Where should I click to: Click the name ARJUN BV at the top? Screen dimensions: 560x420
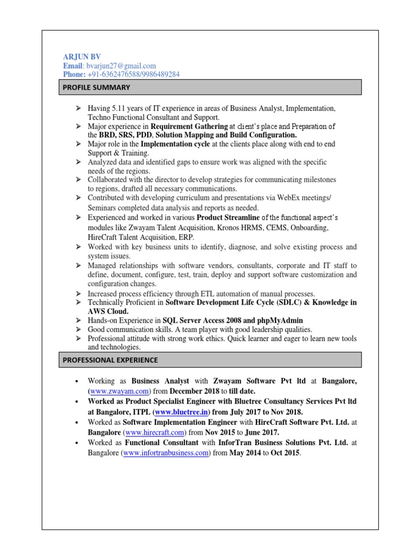pyautogui.click(x=82, y=56)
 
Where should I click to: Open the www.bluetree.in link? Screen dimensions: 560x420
pyautogui.click(x=179, y=411)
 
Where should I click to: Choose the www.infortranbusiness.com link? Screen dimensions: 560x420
pyautogui.click(x=167, y=453)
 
